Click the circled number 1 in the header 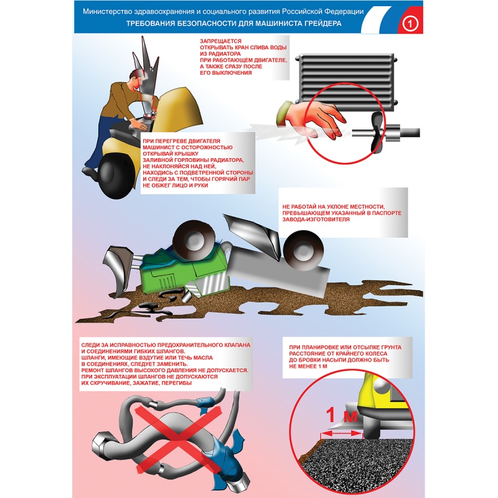tap(410, 24)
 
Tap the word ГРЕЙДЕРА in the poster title tap(322, 24)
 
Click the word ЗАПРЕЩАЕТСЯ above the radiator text tap(220, 41)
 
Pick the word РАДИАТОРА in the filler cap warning tap(228, 160)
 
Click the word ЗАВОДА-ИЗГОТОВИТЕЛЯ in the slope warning tap(316, 220)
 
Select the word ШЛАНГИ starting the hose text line tap(92, 357)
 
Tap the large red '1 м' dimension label tap(341, 415)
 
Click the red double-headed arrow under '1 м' tap(342, 433)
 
